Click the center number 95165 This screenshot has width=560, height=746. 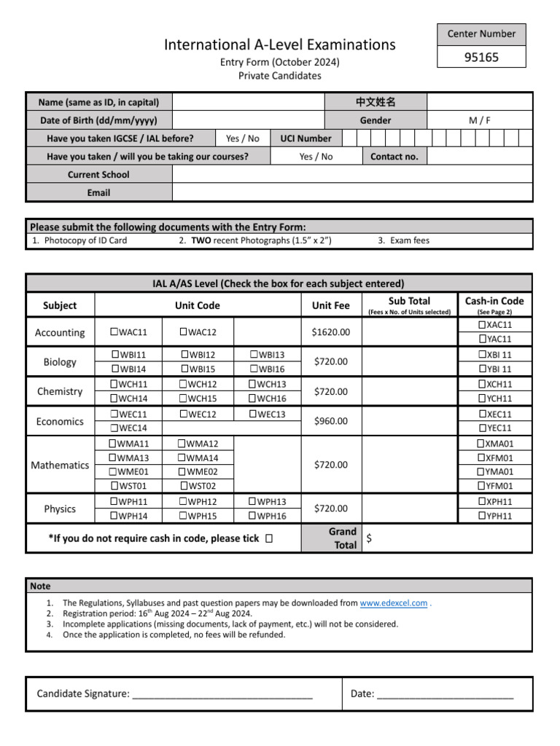coord(481,57)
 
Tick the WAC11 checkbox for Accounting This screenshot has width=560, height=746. coord(114,332)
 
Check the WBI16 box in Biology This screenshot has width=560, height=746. coord(254,369)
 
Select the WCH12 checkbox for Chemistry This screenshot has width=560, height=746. coord(183,384)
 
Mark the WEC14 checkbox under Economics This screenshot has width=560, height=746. coord(114,428)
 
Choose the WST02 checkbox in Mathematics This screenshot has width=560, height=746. coord(183,486)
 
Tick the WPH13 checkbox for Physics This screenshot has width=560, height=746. coord(253,501)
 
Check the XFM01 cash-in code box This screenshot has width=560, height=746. coord(481,458)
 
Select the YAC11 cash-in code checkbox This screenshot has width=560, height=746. coord(482,339)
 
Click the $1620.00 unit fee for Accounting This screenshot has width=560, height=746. coord(330,332)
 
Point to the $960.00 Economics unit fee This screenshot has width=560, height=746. coord(330,421)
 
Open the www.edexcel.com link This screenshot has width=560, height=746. coord(394,603)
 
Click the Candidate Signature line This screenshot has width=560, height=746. coord(222,694)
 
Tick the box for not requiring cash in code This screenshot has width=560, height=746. coord(271,538)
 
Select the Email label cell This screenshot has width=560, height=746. coord(98,192)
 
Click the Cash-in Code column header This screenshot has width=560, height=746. coord(494,301)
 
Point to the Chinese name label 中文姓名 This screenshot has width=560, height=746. coord(375,102)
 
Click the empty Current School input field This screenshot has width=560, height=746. coord(352,175)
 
